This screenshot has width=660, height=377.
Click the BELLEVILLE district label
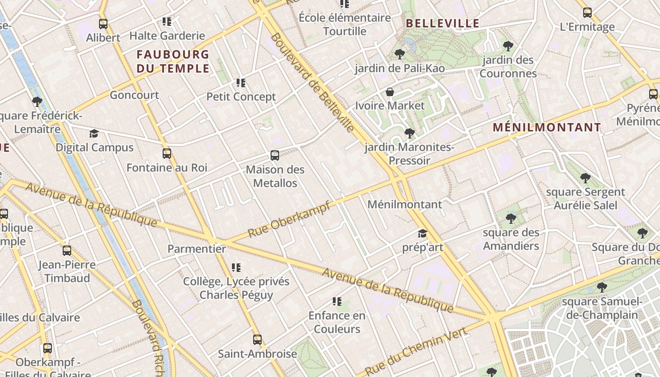click(442, 23)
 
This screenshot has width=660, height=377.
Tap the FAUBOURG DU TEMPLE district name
click(173, 61)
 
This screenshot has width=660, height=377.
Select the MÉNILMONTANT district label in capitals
click(547, 127)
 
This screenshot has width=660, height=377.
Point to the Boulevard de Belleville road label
click(312, 82)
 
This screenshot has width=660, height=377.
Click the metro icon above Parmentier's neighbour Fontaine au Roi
click(167, 154)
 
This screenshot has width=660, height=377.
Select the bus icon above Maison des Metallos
click(275, 156)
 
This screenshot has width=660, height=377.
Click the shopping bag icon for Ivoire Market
click(390, 92)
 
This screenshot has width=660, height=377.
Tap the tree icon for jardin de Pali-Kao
click(400, 54)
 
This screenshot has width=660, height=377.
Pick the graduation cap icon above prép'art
click(422, 234)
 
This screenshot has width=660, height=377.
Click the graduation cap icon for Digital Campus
click(94, 134)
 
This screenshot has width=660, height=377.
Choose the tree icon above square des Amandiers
click(511, 219)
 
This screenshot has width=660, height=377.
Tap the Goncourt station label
click(134, 95)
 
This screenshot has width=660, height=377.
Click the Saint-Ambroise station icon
click(257, 340)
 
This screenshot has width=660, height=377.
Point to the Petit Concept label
click(241, 97)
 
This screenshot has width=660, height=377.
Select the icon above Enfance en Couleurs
click(337, 302)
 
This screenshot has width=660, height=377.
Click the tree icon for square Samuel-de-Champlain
click(602, 287)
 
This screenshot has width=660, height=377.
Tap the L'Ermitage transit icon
click(587, 13)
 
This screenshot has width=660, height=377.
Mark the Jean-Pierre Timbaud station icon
click(67, 251)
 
